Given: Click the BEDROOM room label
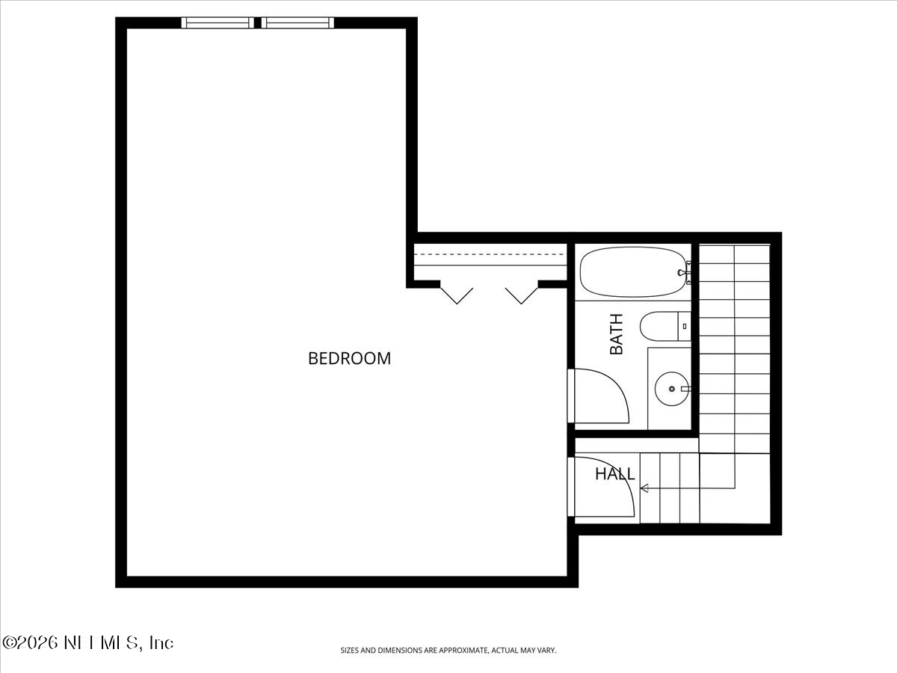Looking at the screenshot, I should (349, 358).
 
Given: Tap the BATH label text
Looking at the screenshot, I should (616, 334).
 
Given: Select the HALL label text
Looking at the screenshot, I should (614, 474).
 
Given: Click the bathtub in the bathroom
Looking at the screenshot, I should (632, 272).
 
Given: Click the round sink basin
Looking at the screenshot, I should (671, 389).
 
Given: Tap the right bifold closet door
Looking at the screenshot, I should (522, 295).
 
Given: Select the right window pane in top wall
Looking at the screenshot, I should (298, 23).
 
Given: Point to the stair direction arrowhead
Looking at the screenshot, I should (644, 488).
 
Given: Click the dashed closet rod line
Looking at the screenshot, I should (490, 255).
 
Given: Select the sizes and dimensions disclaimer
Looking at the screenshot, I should (449, 651).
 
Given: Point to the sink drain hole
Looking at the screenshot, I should (671, 389).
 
